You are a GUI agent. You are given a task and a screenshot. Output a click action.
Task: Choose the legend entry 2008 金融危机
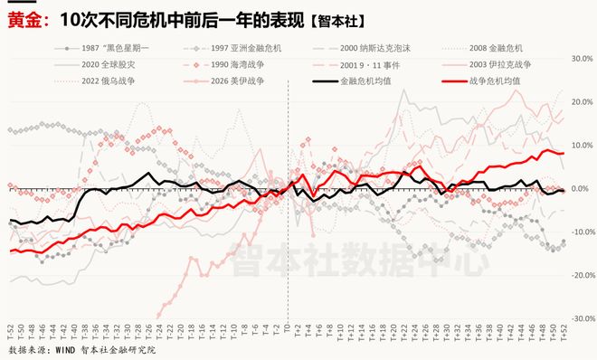[x=497, y=48]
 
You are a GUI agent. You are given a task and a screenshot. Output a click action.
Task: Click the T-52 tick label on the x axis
[x=11, y=332]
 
